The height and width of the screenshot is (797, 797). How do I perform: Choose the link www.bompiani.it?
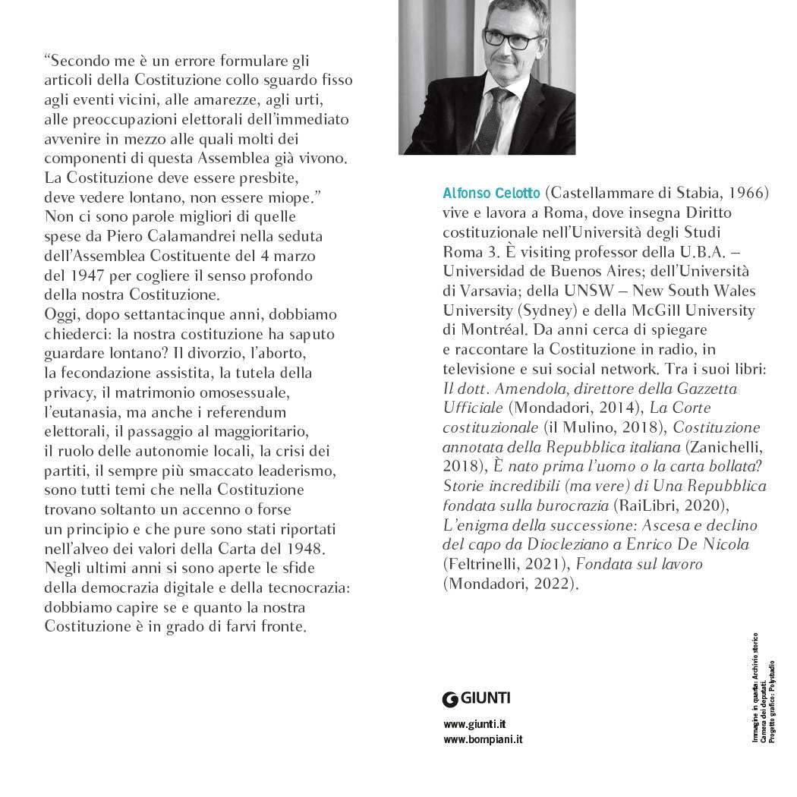483,739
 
